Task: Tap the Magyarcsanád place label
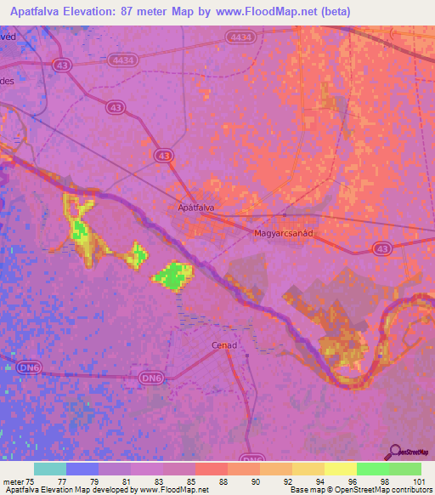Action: (284, 232)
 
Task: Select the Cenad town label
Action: (223, 345)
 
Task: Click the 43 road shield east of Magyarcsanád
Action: (382, 248)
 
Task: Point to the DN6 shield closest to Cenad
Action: (150, 377)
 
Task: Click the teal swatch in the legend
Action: (49, 469)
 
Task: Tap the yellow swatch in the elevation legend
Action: (340, 469)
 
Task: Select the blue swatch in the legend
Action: (82, 469)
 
